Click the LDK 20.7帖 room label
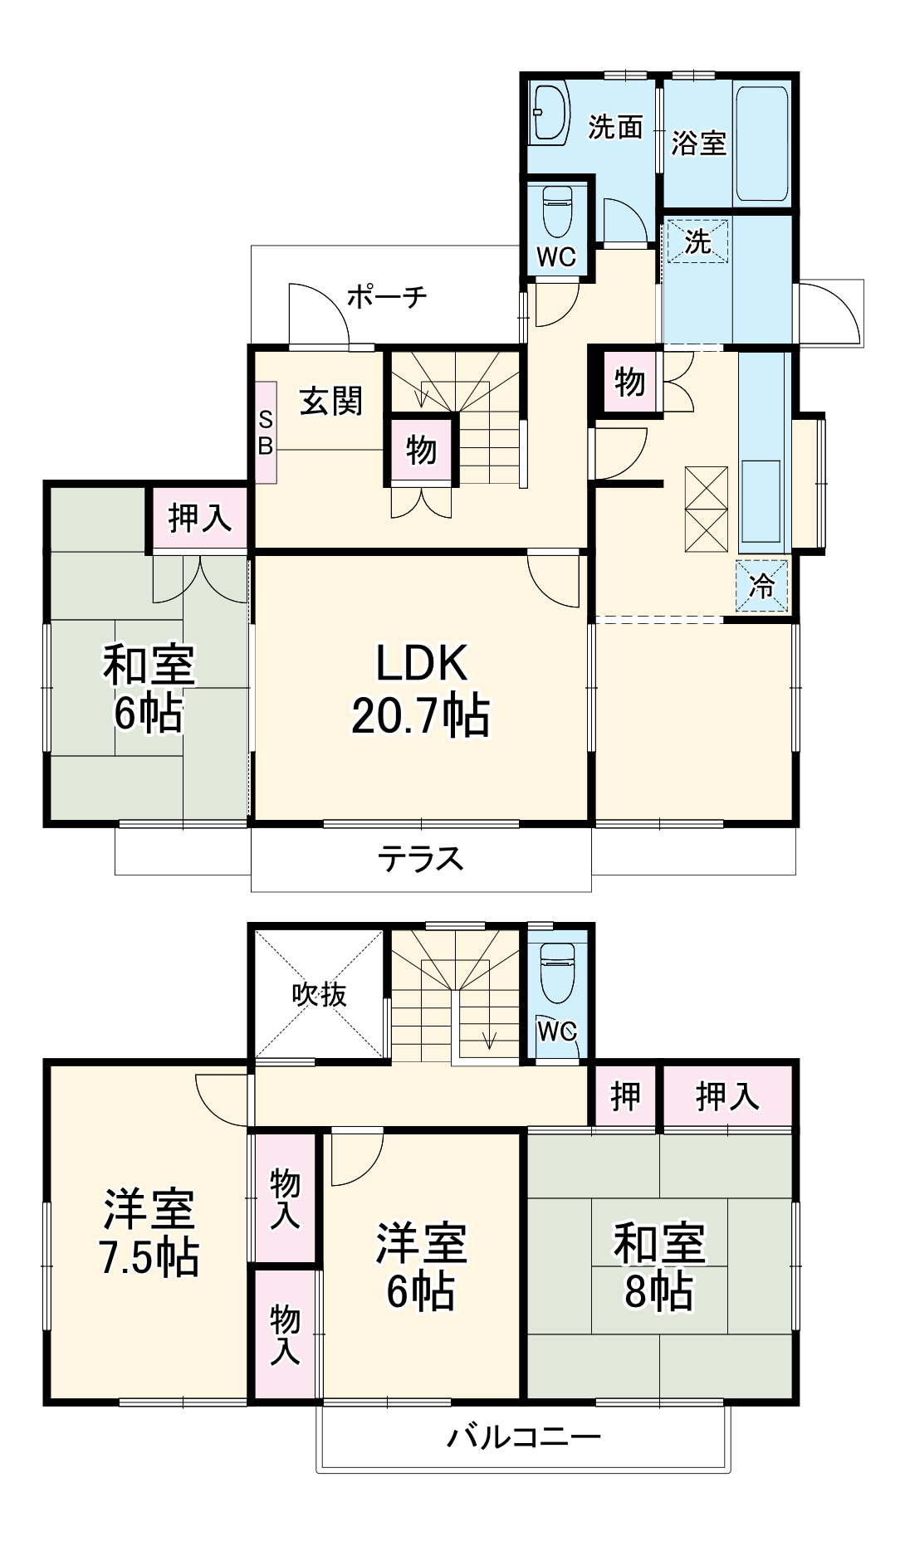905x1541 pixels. [x=420, y=690]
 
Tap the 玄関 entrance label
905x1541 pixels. [x=331, y=402]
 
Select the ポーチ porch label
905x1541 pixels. [x=387, y=296]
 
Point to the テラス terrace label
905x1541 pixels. [x=420, y=858]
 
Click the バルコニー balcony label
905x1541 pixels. [x=523, y=1436]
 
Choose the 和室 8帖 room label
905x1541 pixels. [x=659, y=1266]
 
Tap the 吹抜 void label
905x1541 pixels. [x=320, y=994]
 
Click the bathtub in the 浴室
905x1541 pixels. [x=761, y=144]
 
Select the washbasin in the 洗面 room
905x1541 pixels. [x=549, y=111]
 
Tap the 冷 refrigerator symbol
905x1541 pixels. [x=761, y=587]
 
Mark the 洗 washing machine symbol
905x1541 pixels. [x=697, y=241]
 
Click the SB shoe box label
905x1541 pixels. [x=266, y=432]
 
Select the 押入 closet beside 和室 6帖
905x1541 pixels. [x=199, y=519]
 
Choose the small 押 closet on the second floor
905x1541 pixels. [x=625, y=1096]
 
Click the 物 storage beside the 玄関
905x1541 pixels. [x=422, y=451]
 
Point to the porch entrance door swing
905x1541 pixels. [x=320, y=315]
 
